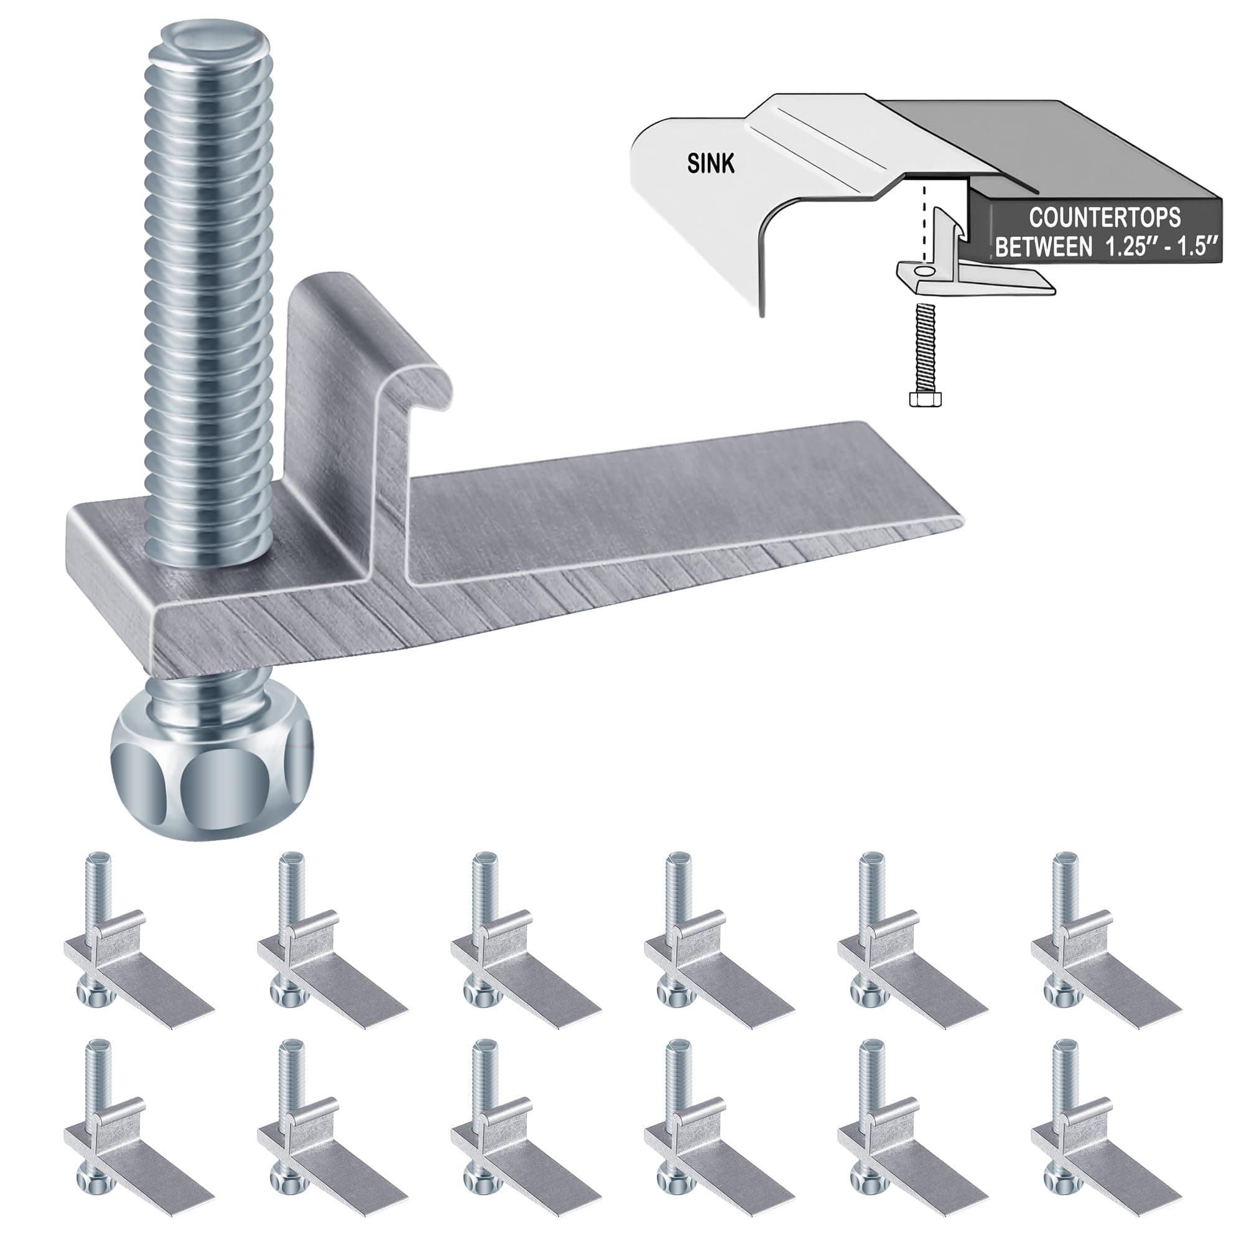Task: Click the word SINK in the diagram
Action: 710,164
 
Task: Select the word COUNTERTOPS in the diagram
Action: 1104,218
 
